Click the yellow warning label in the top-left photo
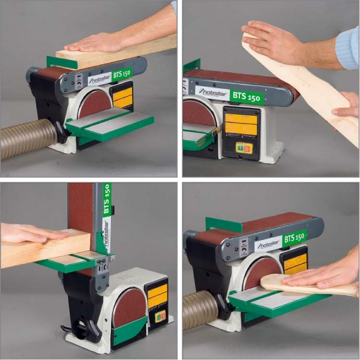click(123, 97)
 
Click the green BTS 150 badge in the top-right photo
click(247, 97)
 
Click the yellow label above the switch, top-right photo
click(241, 124)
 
